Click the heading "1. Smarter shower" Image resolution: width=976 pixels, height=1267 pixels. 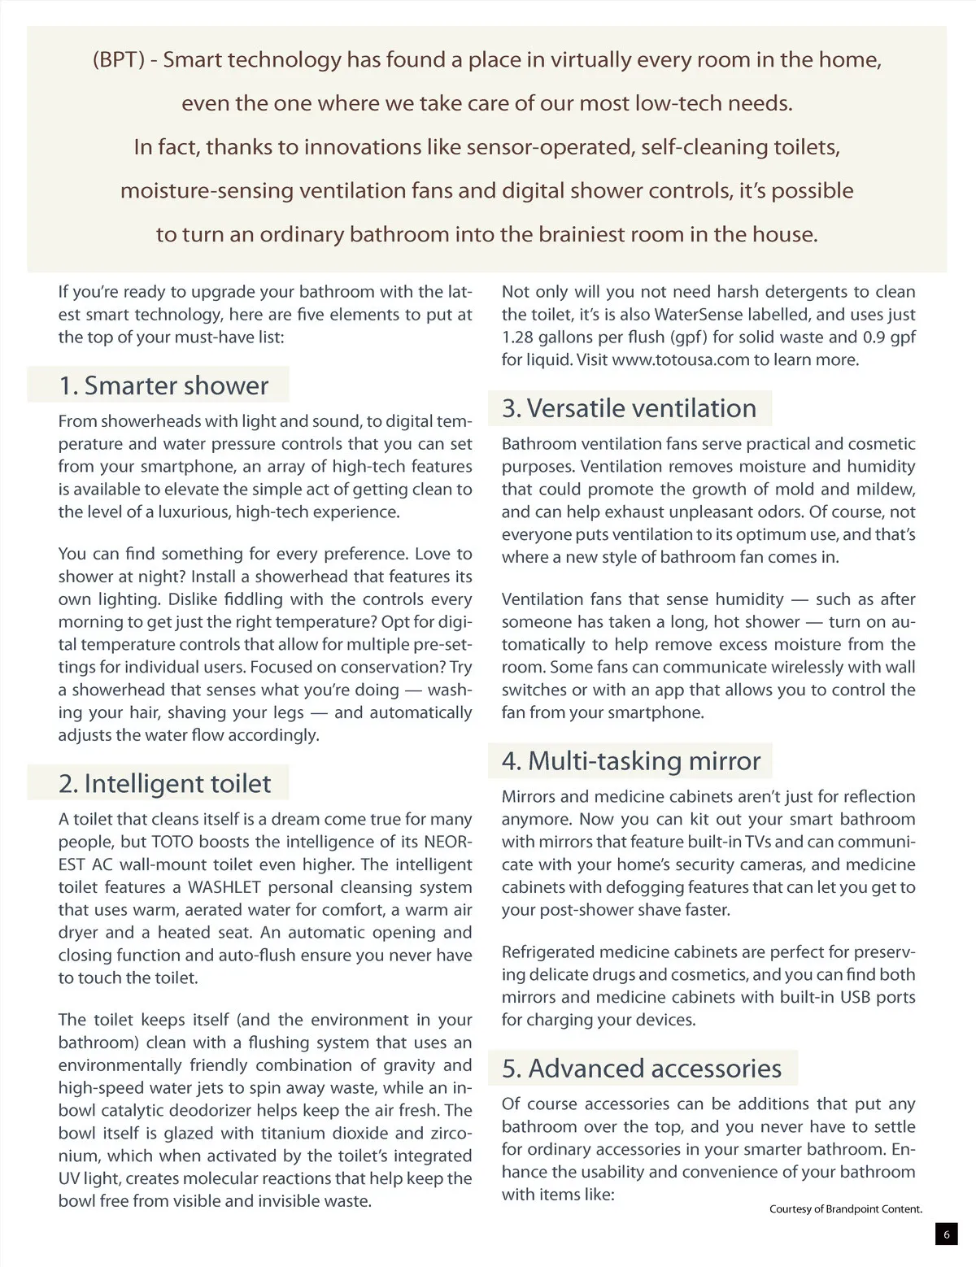click(x=163, y=385)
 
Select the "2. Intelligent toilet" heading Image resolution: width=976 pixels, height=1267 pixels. click(x=164, y=783)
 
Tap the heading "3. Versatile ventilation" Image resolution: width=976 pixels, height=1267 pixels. click(x=629, y=407)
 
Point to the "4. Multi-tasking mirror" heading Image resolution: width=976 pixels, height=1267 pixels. click(x=631, y=760)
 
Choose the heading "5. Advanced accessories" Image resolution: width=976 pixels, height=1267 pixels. click(x=642, y=1068)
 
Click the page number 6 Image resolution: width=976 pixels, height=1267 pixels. click(x=946, y=1234)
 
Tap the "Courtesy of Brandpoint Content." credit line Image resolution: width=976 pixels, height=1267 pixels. click(x=846, y=1209)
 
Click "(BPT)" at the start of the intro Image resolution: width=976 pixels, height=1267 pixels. click(x=120, y=59)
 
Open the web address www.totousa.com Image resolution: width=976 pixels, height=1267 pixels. click(x=680, y=359)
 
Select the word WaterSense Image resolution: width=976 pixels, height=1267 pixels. click(x=699, y=314)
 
